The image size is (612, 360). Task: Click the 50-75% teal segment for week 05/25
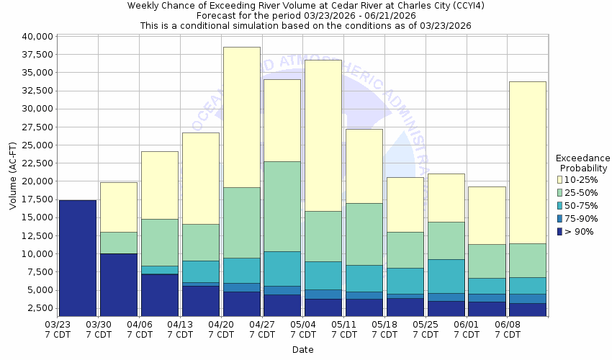click(x=446, y=276)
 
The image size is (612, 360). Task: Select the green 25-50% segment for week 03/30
click(x=118, y=243)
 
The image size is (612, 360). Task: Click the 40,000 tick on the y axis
click(x=36, y=36)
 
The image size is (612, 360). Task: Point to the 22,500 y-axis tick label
click(x=36, y=163)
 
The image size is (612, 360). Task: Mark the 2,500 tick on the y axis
click(x=39, y=308)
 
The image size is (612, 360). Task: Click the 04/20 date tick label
click(x=222, y=329)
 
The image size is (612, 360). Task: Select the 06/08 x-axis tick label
click(x=508, y=329)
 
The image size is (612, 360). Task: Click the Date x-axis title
click(x=302, y=350)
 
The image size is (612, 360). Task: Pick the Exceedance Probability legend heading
click(x=582, y=163)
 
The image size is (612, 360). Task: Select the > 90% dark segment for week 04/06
click(x=159, y=294)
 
